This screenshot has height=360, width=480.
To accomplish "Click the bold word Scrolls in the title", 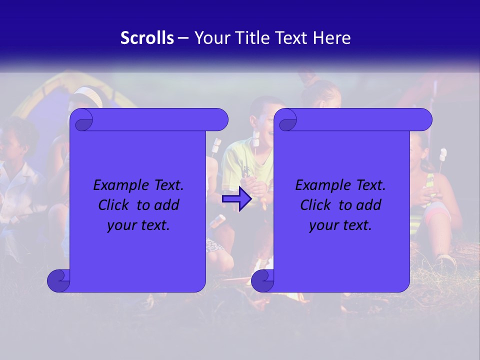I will point(147,38).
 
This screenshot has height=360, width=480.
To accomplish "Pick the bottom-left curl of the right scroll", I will point(262,281).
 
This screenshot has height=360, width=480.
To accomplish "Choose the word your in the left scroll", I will point(120,225).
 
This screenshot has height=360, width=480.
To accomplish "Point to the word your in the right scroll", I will point(322,225).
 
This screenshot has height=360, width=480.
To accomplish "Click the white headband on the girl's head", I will point(89,95).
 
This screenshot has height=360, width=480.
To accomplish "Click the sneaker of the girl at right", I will point(444,261).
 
